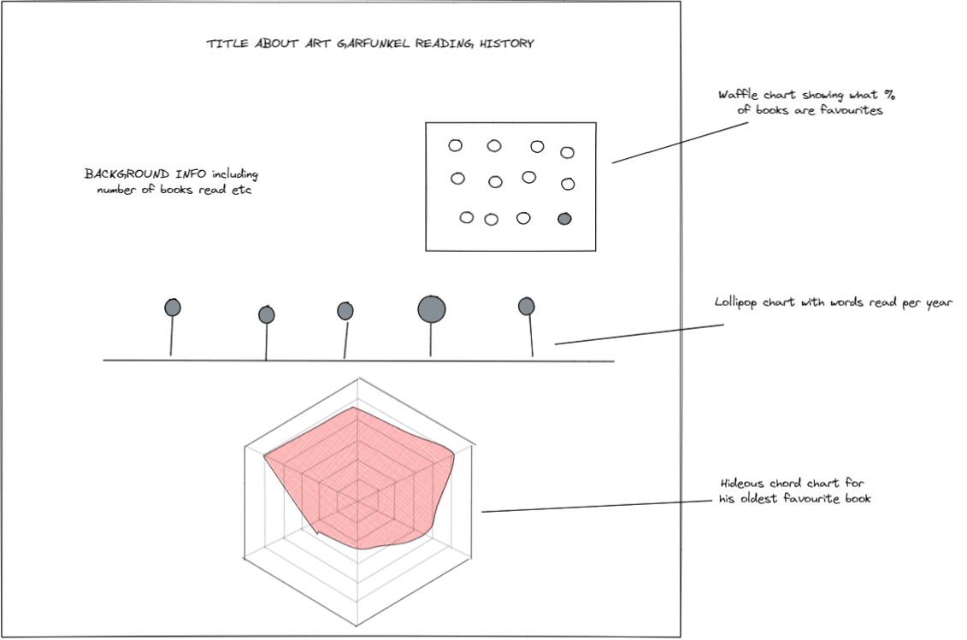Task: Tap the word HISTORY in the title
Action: [505, 44]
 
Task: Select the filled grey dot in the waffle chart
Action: [564, 219]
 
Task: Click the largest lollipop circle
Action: [432, 308]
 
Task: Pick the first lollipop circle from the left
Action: [173, 308]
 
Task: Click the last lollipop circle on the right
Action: [527, 306]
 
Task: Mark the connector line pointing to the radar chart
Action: [598, 508]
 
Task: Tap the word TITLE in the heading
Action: [224, 44]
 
